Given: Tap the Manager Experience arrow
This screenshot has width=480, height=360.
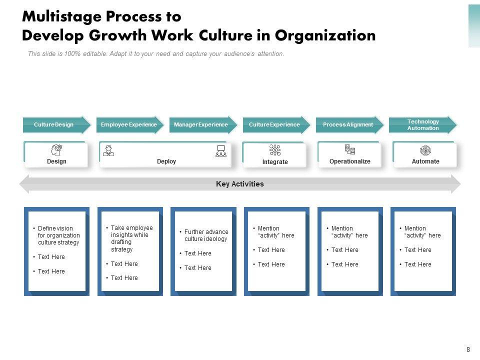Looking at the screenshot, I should tap(201, 124).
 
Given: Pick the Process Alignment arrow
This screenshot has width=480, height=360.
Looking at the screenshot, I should tap(348, 124).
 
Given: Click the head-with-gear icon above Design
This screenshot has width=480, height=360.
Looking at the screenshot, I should tap(56, 150).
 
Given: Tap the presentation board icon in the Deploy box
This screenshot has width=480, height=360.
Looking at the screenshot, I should tap(220, 150).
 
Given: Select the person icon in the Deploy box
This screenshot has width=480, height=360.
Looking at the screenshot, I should tap(108, 150).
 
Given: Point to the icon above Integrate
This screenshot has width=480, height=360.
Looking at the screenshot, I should tap(275, 150).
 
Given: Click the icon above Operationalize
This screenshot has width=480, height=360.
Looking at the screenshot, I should tap(350, 150).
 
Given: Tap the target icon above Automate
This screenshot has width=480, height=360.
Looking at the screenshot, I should tap(425, 150).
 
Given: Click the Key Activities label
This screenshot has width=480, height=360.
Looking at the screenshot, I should tap(240, 184).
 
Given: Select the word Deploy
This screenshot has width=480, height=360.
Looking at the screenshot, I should tap(166, 161).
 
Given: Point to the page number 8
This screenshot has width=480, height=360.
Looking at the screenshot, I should tap(468, 350).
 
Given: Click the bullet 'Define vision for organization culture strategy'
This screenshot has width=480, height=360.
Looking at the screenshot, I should tap(58, 235).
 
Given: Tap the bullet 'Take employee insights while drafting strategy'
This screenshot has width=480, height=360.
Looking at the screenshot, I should tap(131, 238).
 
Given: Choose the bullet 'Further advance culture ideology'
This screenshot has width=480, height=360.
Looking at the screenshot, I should tap(205, 235).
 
